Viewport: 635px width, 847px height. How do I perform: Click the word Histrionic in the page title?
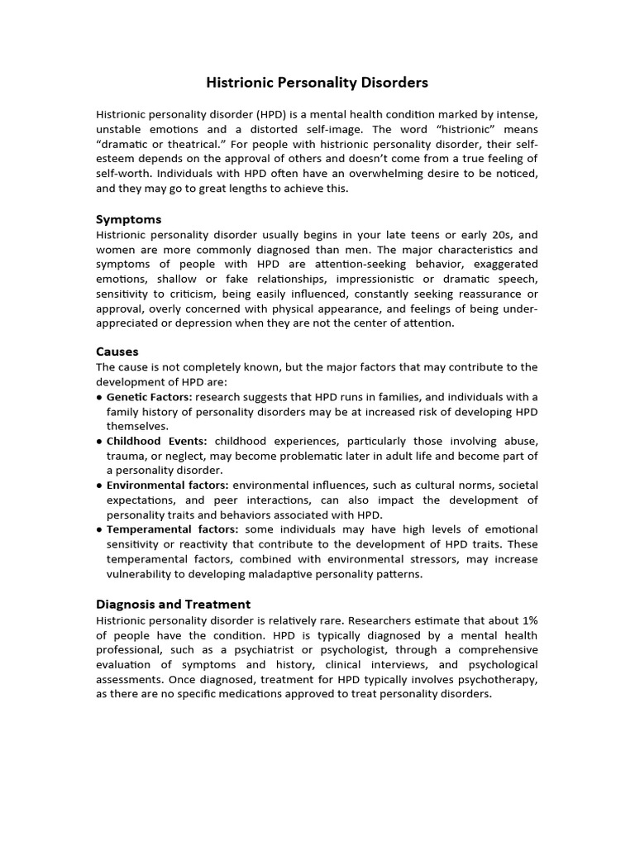[x=238, y=83]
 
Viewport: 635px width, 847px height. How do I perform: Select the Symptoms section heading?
[x=128, y=219]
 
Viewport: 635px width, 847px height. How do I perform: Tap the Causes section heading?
[x=117, y=352]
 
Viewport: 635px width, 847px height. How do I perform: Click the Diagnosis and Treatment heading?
[x=173, y=604]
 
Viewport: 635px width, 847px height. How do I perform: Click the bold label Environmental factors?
[x=168, y=486]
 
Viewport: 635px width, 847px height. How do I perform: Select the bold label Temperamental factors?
[x=172, y=529]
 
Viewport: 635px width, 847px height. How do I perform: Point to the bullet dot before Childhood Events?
[x=99, y=442]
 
